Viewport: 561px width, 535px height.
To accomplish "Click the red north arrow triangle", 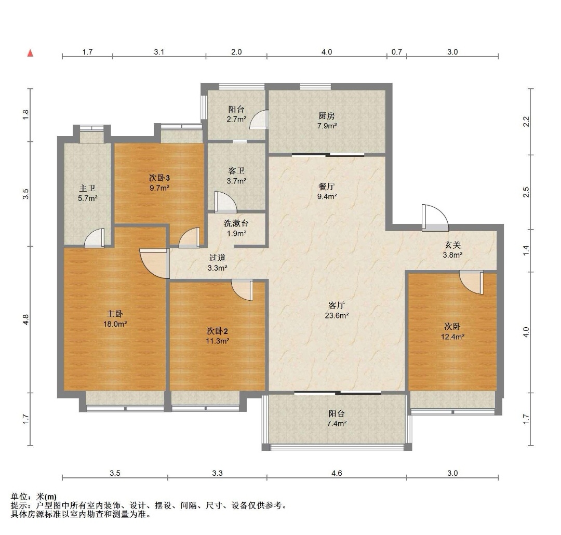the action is (x=31, y=53).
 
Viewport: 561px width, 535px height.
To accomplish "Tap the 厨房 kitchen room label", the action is (x=326, y=116).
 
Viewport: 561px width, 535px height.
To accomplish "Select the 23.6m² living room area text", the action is (x=337, y=316).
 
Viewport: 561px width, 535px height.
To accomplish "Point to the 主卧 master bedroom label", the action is (x=115, y=314).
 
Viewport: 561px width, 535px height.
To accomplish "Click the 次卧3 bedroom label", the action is (x=159, y=178).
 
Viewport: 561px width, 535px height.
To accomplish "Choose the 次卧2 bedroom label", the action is (x=217, y=331).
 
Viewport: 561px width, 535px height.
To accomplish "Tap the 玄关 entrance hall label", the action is (x=452, y=245).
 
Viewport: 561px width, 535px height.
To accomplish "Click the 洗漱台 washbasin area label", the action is (x=236, y=223).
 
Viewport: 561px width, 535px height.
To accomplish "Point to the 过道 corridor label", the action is (x=217, y=258).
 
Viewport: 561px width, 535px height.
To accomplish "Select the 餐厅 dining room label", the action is (x=326, y=186).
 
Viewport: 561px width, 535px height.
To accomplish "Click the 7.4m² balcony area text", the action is (x=337, y=424).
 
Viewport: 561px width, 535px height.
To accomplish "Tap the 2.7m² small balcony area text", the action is (x=236, y=119).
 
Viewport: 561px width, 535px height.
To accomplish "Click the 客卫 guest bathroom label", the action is (x=236, y=171).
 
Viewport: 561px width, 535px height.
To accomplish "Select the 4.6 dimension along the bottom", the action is (x=337, y=473).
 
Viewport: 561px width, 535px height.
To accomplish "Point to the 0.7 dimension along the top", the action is (x=396, y=52).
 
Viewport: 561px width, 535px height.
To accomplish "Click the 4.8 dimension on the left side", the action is (x=25, y=319).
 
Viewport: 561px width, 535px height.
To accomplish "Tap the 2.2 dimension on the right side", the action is (x=526, y=122).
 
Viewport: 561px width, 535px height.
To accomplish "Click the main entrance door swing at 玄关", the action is (x=435, y=218).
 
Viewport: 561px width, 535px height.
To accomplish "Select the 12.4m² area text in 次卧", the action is (x=452, y=337).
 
